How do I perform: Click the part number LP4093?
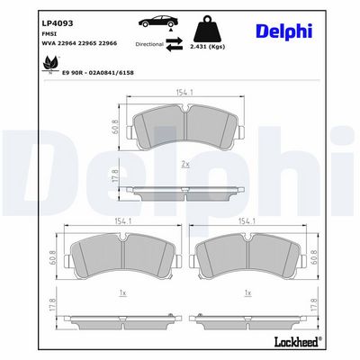(x=57, y=23)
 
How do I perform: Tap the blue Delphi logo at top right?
(x=284, y=31)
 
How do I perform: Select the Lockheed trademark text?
(x=297, y=341)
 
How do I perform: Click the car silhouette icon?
(x=158, y=22)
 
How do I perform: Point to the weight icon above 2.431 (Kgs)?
(x=208, y=29)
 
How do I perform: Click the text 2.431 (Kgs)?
(x=208, y=47)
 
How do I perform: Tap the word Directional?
(x=149, y=44)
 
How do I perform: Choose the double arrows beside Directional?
(x=175, y=44)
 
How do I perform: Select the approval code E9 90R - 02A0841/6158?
(x=97, y=73)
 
